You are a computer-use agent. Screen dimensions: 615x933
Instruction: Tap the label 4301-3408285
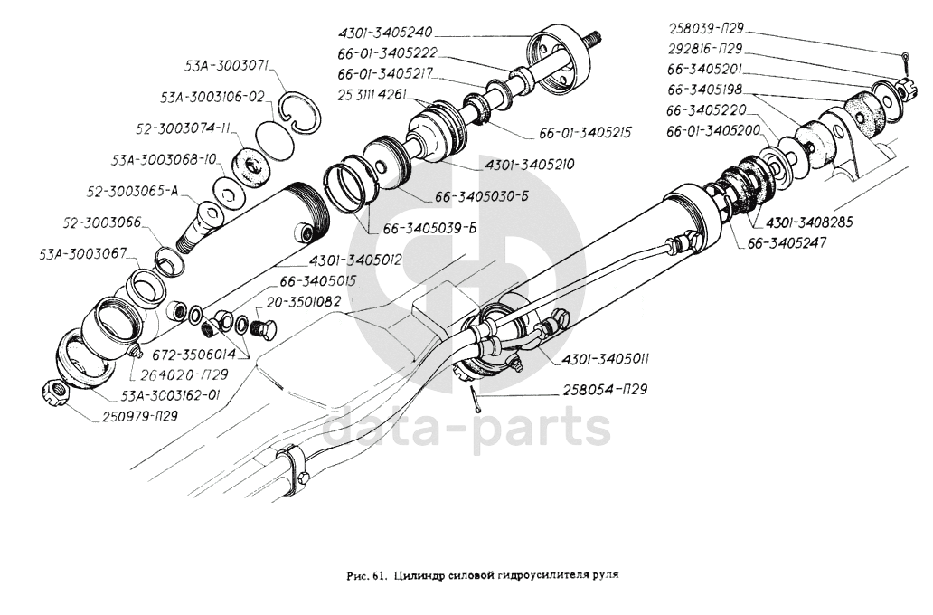[812, 222]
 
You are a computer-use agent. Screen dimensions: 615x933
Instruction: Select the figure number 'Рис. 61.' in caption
[365, 574]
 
